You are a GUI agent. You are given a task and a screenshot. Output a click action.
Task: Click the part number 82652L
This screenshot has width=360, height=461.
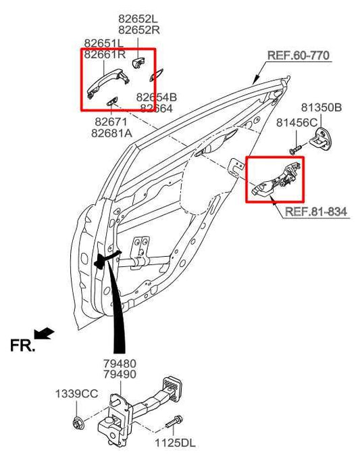pyautogui.click(x=138, y=20)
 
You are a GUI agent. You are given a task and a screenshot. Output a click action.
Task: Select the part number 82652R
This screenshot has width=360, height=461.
pyautogui.click(x=138, y=30)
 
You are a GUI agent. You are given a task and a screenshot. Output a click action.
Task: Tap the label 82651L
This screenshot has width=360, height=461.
pyautogui.click(x=104, y=43)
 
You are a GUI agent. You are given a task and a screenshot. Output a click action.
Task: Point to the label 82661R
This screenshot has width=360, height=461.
pyautogui.click(x=104, y=55)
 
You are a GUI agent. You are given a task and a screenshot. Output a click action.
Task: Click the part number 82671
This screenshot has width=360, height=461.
pyautogui.click(x=111, y=122)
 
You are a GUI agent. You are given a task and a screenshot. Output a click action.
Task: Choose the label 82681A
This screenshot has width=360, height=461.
pyautogui.click(x=113, y=133)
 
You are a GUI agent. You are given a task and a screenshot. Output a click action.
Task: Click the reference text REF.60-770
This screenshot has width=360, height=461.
pyautogui.click(x=299, y=55)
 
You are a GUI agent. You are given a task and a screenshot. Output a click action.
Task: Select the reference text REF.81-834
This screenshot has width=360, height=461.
pyautogui.click(x=315, y=212)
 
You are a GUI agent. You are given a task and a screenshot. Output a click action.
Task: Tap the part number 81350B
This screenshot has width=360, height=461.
pyautogui.click(x=321, y=107)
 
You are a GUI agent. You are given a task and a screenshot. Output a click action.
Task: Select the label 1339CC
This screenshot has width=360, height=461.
pyautogui.click(x=76, y=393)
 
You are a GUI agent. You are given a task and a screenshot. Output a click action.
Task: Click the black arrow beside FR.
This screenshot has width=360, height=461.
pyautogui.click(x=45, y=333)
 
